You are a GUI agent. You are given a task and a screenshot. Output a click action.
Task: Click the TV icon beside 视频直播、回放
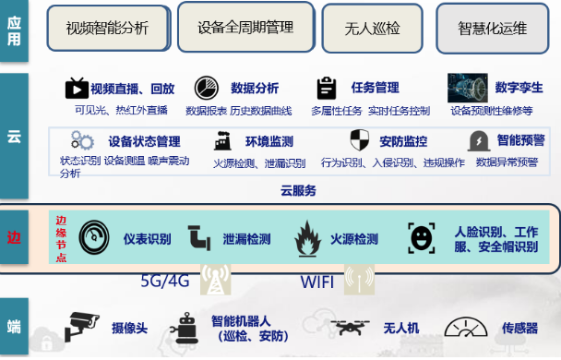(x=76, y=89)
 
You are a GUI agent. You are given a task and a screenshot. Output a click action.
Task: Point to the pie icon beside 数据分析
(x=205, y=89)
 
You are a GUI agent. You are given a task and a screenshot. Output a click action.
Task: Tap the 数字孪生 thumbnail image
(x=467, y=88)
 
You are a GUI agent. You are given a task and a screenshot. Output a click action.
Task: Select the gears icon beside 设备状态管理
(x=83, y=142)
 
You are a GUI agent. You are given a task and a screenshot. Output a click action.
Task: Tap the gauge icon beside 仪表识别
(x=95, y=237)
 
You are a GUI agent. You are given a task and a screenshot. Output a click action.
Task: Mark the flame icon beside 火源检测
(x=306, y=238)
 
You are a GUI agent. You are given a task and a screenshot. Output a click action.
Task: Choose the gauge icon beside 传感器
(x=466, y=328)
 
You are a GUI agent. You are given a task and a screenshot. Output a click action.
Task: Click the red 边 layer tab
(x=14, y=237)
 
